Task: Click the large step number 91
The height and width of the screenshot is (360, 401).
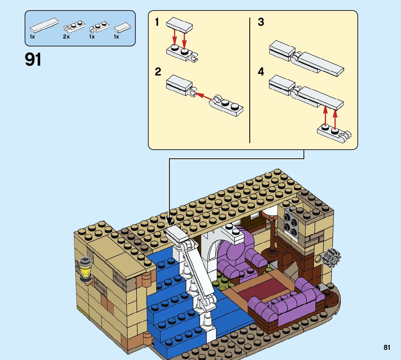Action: [x=33, y=60]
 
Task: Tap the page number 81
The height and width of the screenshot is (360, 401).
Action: [x=387, y=348]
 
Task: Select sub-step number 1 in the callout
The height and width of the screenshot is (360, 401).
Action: [x=157, y=22]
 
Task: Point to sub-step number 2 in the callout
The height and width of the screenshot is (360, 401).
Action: [x=158, y=72]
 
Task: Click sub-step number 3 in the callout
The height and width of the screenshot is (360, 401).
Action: [x=261, y=22]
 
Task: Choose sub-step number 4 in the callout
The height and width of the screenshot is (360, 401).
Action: [x=261, y=72]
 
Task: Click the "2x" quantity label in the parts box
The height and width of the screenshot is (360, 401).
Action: [x=66, y=37]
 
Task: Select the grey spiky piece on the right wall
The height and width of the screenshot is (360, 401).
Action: [x=331, y=256]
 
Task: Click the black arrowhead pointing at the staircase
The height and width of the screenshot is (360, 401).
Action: [x=169, y=221]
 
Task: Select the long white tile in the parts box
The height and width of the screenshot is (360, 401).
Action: [x=44, y=24]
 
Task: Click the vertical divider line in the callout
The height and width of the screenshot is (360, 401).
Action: [x=250, y=80]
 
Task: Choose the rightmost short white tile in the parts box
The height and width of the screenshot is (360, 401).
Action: [x=122, y=28]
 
